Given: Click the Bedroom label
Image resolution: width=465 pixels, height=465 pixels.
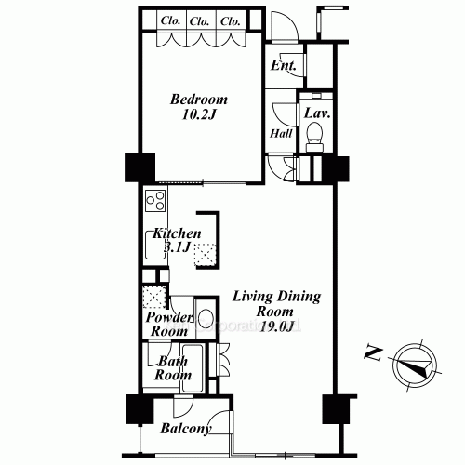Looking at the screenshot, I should pos(198,100).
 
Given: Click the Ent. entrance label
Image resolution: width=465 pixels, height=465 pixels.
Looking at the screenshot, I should pos(283,66).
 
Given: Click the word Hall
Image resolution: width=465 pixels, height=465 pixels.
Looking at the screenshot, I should pos(281,134).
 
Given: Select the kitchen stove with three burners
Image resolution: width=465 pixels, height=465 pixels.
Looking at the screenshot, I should pos(154,200).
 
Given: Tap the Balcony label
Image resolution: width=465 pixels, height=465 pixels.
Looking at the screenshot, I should pos(185,429).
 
